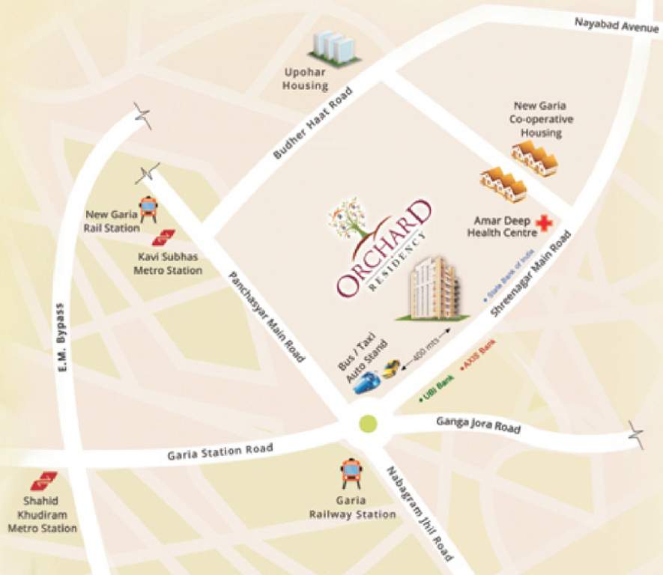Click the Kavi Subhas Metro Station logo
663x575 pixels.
point(163,238)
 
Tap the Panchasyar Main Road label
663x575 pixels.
point(267,316)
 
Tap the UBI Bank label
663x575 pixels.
point(438,390)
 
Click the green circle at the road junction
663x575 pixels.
point(368,423)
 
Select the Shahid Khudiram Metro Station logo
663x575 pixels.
point(43,480)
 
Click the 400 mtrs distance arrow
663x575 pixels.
point(426,347)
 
